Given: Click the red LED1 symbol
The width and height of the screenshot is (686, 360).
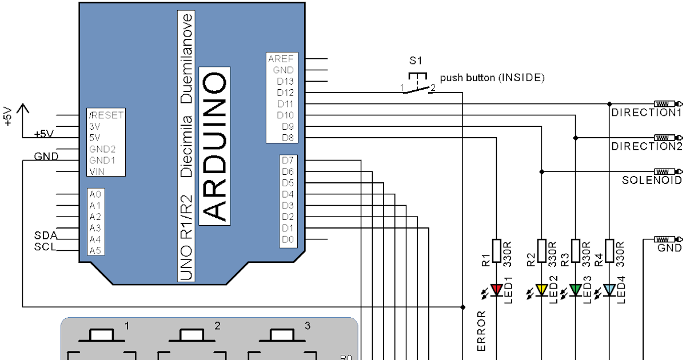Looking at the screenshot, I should (x=496, y=290).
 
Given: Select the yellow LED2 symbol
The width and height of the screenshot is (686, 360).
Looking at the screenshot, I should (x=542, y=290).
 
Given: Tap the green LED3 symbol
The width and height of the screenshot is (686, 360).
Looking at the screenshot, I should (x=576, y=290).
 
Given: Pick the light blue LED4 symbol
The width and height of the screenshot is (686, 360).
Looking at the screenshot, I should (x=609, y=290).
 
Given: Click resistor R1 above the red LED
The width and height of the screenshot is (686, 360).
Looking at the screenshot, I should (x=496, y=250).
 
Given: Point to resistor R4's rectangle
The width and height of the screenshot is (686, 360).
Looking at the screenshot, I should (x=609, y=250).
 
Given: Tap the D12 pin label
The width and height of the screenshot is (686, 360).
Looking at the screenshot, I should (x=285, y=93).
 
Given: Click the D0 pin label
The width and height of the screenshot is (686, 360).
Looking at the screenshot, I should (x=288, y=239).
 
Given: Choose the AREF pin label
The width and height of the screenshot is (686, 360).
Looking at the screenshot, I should (x=281, y=59).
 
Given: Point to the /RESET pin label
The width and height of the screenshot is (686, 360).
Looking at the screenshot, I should (x=106, y=115).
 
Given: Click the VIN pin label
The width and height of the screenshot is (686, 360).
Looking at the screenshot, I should (x=97, y=171).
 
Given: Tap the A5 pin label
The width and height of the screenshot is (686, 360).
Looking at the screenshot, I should (x=95, y=250).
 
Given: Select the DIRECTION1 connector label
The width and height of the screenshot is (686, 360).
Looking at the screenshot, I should (x=647, y=113).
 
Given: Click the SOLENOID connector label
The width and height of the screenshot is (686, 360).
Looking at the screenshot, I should (x=652, y=181).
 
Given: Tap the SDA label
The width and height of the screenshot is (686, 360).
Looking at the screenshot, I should (x=45, y=235).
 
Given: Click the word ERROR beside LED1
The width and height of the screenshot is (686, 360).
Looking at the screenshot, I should (x=481, y=330).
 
